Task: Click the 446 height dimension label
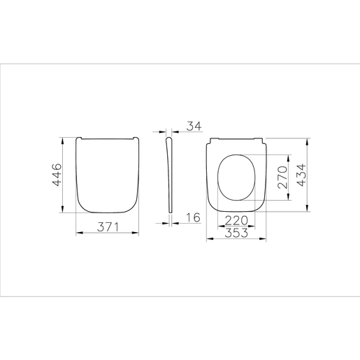pos(57,175)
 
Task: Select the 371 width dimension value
pos(108,227)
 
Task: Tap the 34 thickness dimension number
pos(194,126)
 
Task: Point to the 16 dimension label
pos(193,217)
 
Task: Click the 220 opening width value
pos(236,220)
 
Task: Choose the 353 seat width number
pos(236,233)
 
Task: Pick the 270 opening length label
pos(282,177)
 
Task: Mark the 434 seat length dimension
pos(302,175)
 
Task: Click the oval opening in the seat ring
pos(217,178)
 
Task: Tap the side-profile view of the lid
pos(170,175)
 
